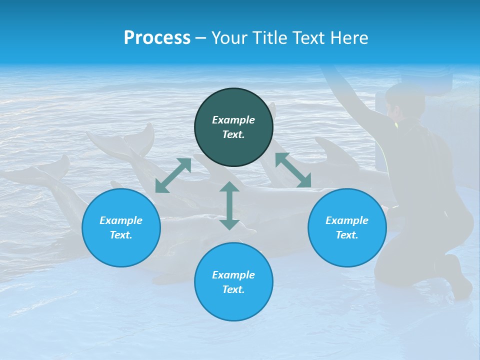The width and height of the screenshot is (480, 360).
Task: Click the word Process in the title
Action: point(157,38)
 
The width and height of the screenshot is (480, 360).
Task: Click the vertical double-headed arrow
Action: point(229,205)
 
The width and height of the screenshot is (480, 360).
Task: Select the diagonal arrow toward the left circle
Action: point(173,175)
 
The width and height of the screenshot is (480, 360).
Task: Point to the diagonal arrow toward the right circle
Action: point(293,170)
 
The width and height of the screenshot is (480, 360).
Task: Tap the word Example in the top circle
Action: point(233,120)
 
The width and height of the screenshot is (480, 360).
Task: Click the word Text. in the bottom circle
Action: point(233,289)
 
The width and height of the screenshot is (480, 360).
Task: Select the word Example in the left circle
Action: point(121,220)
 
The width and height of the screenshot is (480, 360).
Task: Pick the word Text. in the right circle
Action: point(347,235)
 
